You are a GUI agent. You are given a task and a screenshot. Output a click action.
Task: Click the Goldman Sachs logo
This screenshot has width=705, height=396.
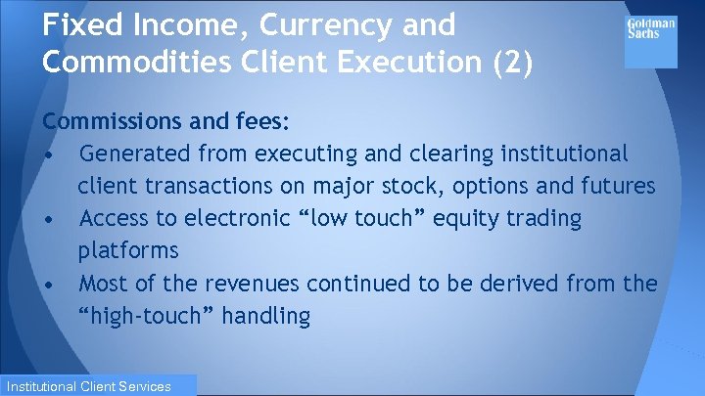click(x=650, y=28)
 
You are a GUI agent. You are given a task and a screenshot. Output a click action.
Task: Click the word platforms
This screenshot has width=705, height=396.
click(x=128, y=250)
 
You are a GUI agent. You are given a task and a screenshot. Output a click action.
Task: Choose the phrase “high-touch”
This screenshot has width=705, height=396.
click(x=144, y=316)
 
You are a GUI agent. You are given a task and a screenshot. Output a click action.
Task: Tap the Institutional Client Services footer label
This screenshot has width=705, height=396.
click(x=99, y=385)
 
